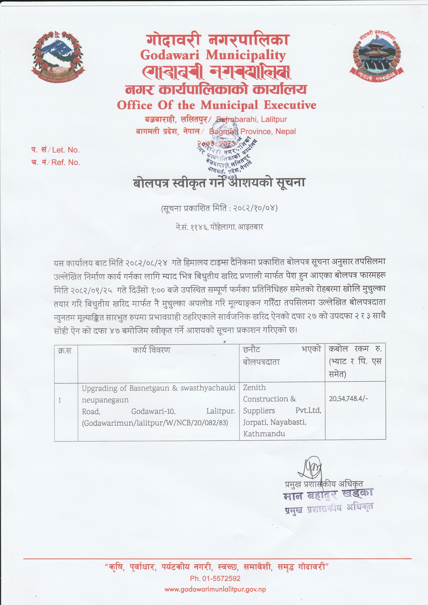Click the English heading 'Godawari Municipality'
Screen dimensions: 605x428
pos(213,55)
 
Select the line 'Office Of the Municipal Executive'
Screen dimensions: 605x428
pos(217,105)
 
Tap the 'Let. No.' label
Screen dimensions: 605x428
pos(66,150)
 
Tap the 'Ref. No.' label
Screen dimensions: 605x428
pos(66,162)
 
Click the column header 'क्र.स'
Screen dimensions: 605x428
pos(65,351)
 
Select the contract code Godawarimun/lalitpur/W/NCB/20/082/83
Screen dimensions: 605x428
pos(155,423)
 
